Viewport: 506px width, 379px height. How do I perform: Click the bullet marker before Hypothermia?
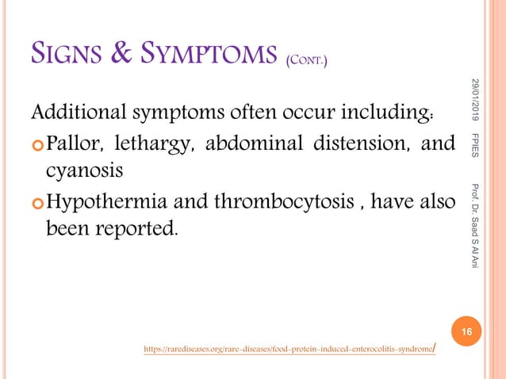click(x=36, y=200)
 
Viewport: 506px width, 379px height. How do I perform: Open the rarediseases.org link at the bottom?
click(x=289, y=348)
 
